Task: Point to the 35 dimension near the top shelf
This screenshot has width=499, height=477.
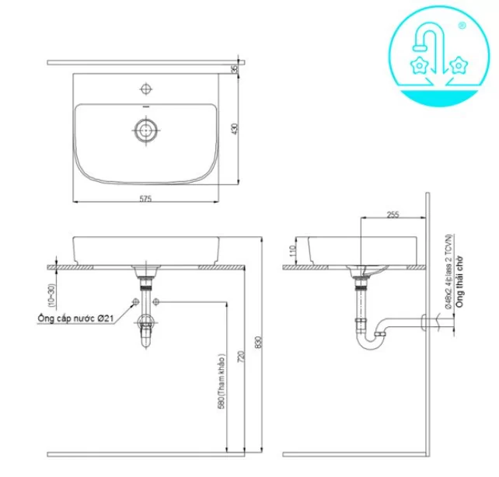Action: pos(234,69)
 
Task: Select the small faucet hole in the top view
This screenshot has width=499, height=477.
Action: pos(145,86)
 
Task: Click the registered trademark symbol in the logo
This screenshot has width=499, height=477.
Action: pos(463,26)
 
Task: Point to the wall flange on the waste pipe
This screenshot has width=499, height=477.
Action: pos(424,321)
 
